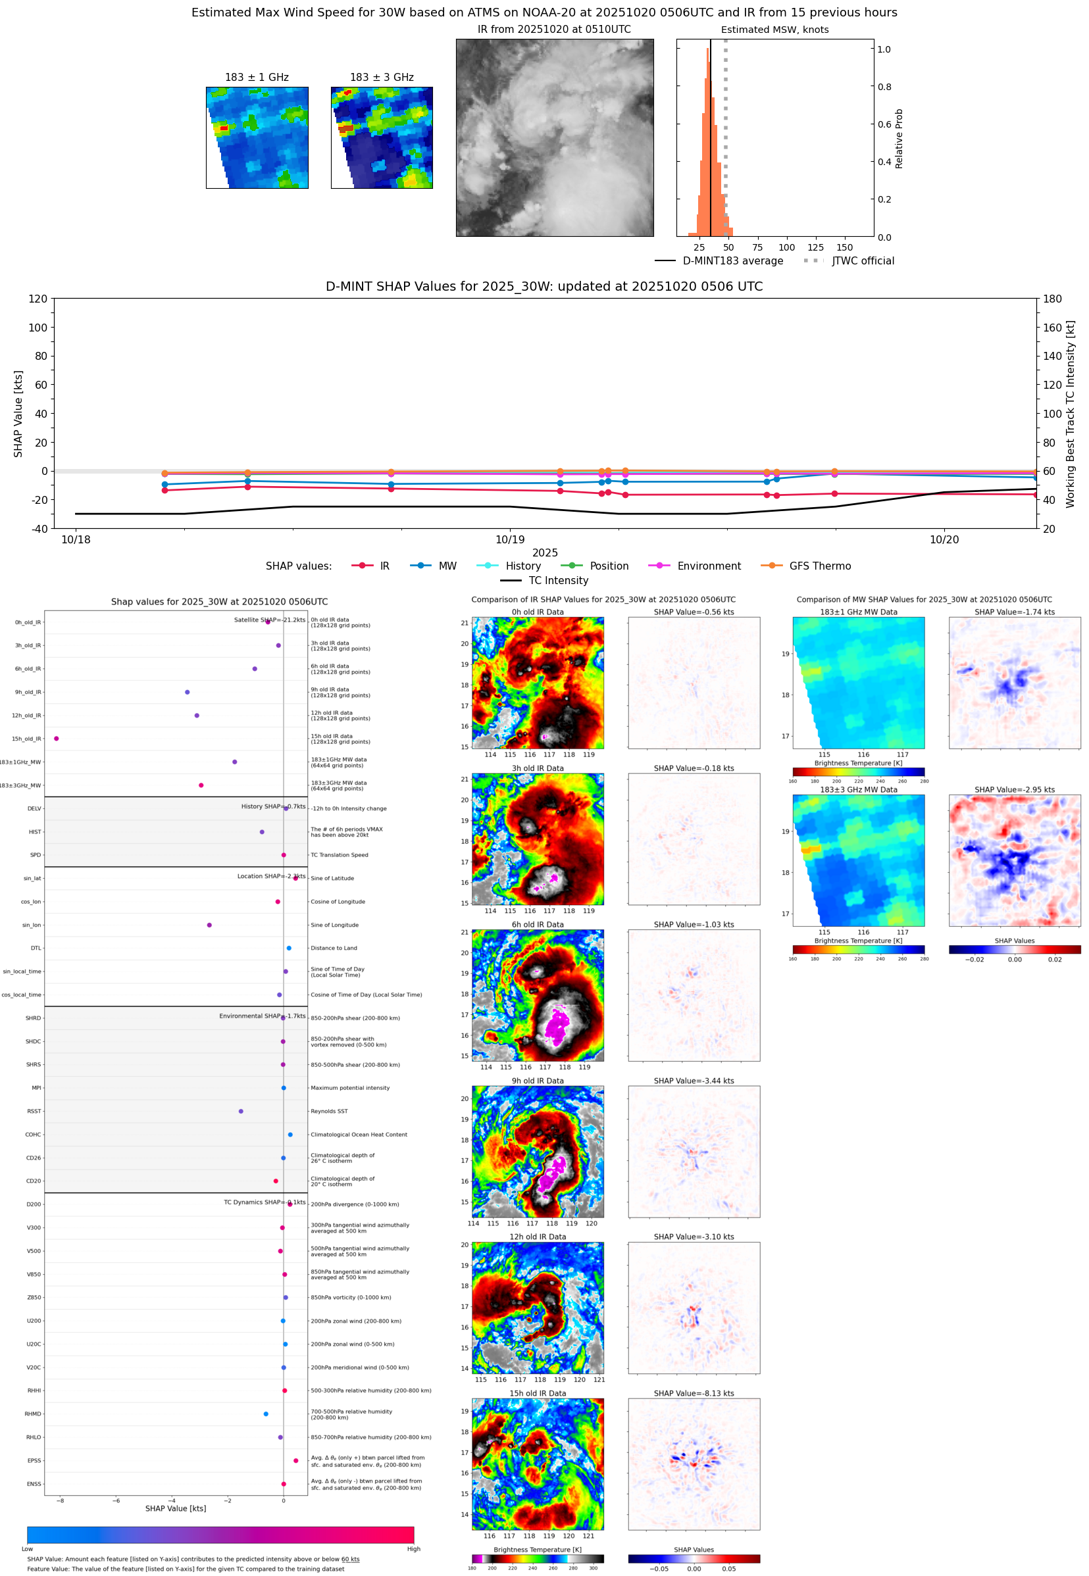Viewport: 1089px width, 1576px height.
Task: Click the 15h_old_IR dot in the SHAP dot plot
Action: [57, 739]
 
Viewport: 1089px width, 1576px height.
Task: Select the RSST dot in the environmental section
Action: [241, 1111]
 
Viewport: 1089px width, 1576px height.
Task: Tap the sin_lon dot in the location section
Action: [209, 925]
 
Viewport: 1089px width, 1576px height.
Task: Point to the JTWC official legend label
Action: [863, 260]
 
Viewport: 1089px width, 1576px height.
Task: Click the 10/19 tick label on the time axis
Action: [510, 539]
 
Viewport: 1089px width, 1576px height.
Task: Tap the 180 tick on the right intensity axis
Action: [1052, 299]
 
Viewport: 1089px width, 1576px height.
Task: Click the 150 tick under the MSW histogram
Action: [845, 247]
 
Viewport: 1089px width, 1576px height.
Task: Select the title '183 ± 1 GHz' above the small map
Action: [257, 78]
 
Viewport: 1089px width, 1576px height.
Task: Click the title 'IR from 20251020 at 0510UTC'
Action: [554, 30]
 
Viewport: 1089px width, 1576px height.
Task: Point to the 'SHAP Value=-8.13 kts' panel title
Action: [694, 1393]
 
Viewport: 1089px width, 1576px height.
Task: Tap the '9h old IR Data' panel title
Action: [538, 1081]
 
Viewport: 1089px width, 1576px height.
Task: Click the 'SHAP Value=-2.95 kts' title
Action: [1014, 790]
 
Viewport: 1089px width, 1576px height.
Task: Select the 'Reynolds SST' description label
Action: [329, 1112]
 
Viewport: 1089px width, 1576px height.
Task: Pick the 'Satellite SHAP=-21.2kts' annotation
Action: [270, 620]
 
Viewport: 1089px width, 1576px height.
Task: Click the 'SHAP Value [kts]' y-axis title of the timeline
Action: [18, 413]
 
